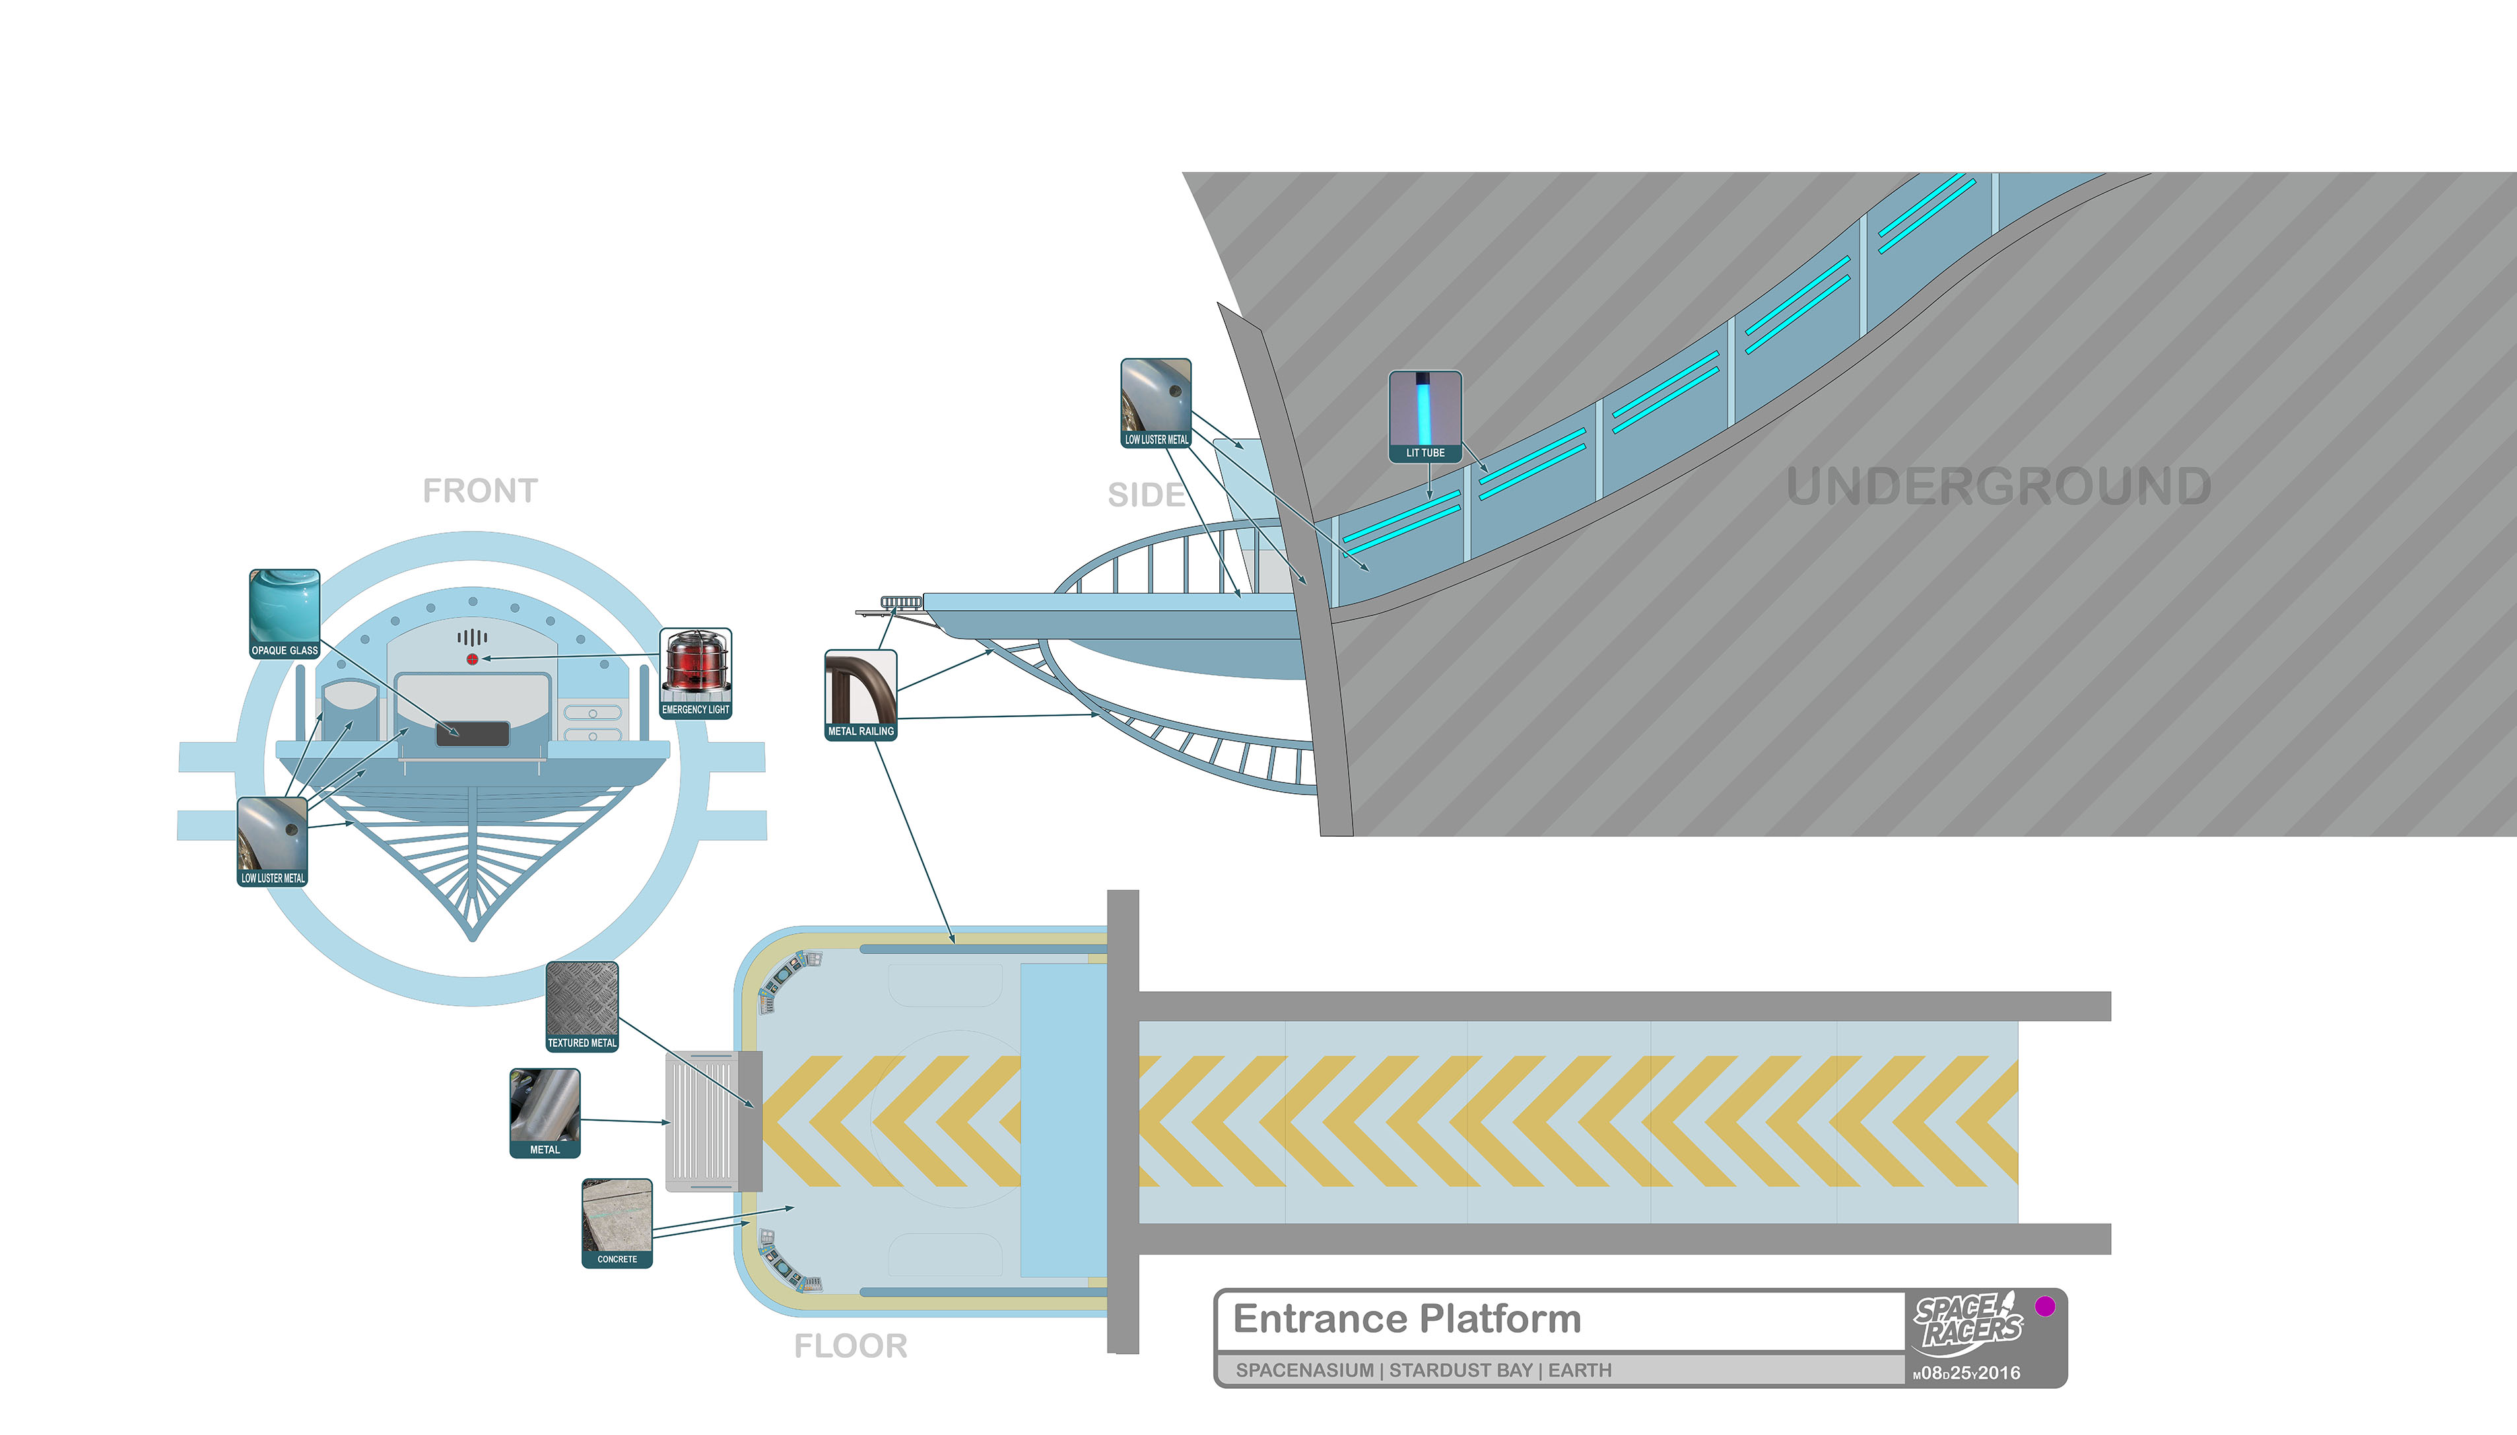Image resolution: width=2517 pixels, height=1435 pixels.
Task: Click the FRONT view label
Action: point(480,491)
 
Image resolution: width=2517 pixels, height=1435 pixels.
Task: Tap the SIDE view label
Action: point(1146,495)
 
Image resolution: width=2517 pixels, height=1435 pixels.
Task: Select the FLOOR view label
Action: point(850,1347)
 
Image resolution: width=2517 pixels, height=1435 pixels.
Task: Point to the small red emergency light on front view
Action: point(472,659)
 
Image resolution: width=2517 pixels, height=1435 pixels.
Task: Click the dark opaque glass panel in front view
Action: point(472,733)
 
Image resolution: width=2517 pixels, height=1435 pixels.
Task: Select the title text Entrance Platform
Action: point(1407,1319)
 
